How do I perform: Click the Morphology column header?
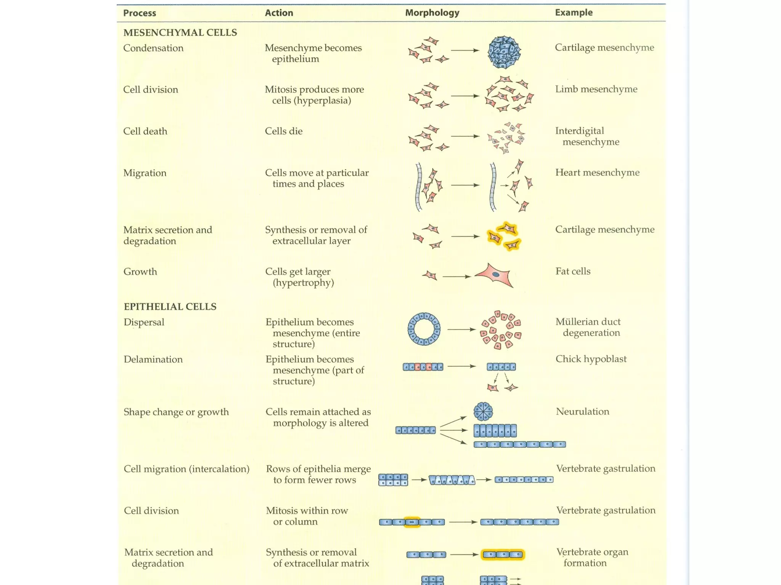(x=432, y=13)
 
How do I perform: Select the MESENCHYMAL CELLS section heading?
(x=180, y=33)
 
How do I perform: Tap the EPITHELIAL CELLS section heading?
(x=170, y=307)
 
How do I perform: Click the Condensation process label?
(x=153, y=48)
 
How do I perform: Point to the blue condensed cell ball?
(x=504, y=52)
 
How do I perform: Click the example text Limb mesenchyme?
(x=596, y=89)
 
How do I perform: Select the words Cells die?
(x=284, y=131)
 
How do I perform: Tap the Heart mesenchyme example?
(x=597, y=173)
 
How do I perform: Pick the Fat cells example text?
(x=573, y=271)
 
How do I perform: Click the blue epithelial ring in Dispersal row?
(x=424, y=329)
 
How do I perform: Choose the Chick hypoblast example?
(x=591, y=359)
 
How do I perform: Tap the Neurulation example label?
(x=582, y=411)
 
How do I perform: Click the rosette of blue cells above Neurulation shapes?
(x=483, y=412)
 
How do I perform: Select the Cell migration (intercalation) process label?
(x=186, y=469)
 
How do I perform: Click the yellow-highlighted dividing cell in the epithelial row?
(x=412, y=522)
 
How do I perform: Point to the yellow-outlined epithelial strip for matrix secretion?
(x=503, y=555)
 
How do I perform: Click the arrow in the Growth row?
(x=456, y=276)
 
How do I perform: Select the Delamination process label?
(x=153, y=359)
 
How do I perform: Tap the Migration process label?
(x=145, y=173)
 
